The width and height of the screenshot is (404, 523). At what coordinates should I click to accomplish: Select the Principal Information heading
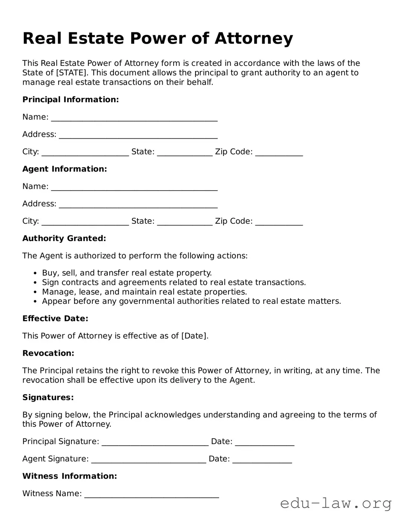pos(71,100)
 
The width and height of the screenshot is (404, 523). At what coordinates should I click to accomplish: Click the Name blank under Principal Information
pos(134,118)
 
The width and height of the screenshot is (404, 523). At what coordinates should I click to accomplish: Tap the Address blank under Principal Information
pos(138,135)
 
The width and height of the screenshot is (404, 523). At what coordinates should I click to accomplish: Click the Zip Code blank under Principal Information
pos(279,153)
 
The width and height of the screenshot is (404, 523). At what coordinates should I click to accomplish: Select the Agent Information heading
pos(65,169)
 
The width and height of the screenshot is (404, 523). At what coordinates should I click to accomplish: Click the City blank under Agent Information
pos(85,222)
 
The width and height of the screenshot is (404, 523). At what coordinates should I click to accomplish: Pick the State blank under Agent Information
pos(185,222)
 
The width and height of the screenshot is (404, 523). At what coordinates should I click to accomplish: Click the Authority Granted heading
pos(64,238)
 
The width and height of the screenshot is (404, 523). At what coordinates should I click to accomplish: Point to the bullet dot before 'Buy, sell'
pos(35,273)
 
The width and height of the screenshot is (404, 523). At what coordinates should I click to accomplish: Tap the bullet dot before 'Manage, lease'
pos(35,292)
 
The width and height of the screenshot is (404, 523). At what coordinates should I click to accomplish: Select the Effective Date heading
pos(55,319)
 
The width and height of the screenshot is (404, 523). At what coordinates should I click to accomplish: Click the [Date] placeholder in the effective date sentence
pos(195,336)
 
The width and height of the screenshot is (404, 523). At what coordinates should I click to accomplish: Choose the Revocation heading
pos(48,353)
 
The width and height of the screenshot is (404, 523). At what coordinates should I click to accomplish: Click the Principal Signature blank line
pos(155,443)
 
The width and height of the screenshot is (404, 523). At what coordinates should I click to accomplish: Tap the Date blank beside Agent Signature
pos(262,460)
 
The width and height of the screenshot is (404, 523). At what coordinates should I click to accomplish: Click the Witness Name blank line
pos(151,494)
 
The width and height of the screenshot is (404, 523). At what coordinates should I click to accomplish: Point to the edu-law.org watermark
pos(336,503)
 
